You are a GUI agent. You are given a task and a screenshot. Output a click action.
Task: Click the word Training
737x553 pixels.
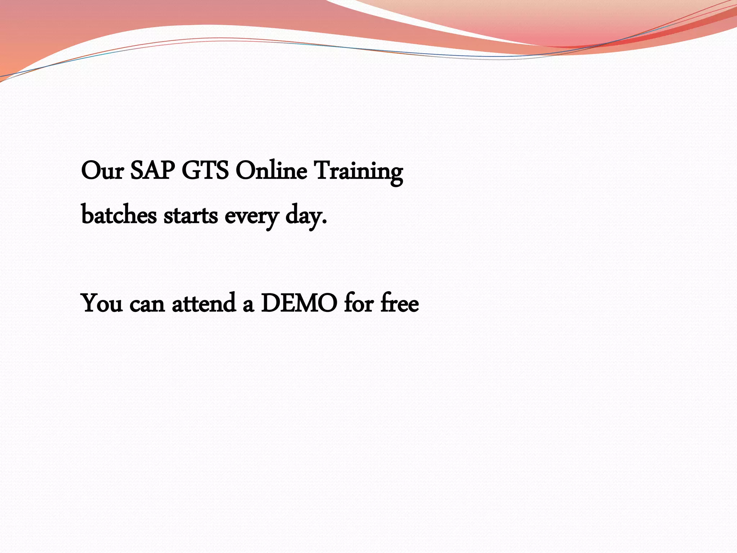click(x=358, y=172)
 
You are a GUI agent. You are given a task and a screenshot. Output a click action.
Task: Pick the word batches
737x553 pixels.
click(x=119, y=215)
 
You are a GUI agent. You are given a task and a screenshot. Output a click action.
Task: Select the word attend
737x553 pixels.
click(x=204, y=304)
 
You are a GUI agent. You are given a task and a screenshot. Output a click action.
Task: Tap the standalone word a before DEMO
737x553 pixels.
click(x=248, y=305)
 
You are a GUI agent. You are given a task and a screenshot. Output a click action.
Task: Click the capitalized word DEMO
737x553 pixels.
click(x=299, y=303)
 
